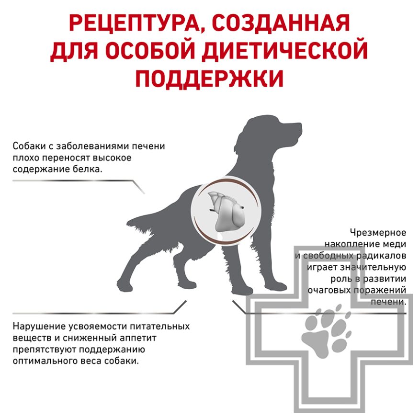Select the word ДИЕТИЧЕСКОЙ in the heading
(x=288, y=51)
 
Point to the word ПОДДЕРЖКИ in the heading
(x=209, y=79)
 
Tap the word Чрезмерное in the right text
(x=378, y=233)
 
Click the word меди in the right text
(x=397, y=244)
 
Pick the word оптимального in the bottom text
(x=43, y=361)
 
